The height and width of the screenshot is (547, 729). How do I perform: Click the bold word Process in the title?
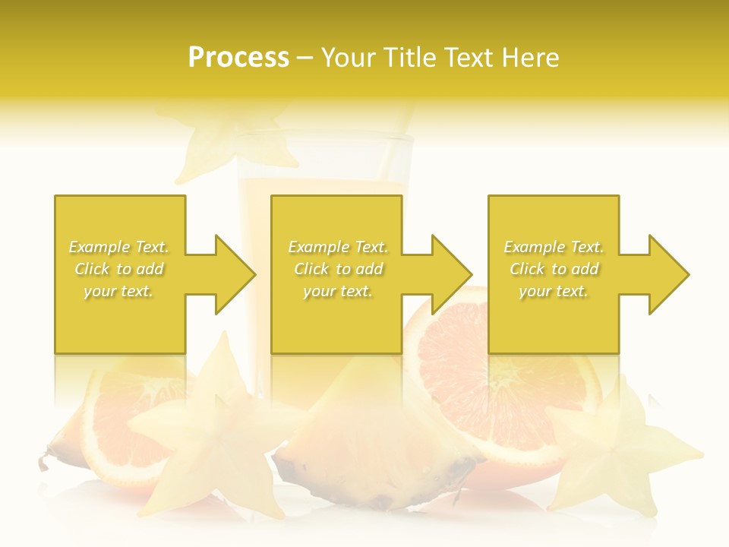point(238,58)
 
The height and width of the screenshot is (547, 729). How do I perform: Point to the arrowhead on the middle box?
point(450,274)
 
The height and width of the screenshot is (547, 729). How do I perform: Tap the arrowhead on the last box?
point(667,274)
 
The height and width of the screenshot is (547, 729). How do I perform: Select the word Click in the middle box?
point(310,269)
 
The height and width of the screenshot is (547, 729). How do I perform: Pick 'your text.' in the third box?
point(553,291)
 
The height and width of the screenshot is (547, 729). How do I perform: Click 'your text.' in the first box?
point(118,291)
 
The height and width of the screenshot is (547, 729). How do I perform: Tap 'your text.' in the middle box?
point(337,291)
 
